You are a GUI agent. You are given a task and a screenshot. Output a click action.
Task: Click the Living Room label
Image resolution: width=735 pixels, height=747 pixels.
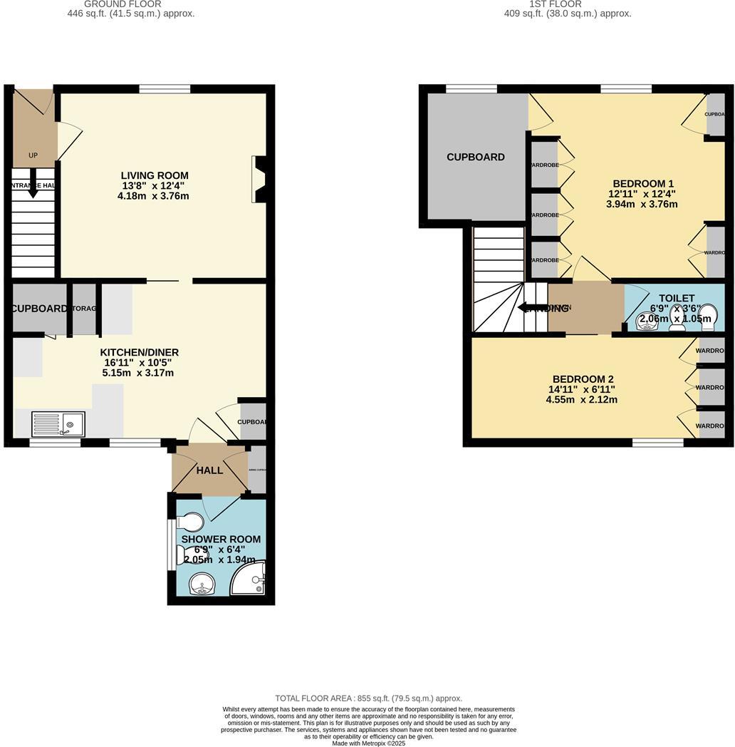tap(155, 175)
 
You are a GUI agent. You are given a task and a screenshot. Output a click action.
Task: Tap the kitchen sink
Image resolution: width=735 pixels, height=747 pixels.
tap(58, 424)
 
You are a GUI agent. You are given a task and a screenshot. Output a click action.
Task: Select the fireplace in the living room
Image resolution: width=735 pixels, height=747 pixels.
tap(259, 179)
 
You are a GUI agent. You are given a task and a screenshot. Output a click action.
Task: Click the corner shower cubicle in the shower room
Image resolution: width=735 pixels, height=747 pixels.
tap(250, 579)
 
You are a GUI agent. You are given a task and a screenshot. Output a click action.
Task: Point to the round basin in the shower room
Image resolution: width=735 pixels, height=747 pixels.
tap(202, 587)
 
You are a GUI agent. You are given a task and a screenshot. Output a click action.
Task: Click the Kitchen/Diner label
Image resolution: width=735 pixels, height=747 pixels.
tap(139, 352)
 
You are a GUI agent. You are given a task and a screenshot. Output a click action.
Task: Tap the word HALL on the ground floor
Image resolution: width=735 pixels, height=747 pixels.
tap(209, 470)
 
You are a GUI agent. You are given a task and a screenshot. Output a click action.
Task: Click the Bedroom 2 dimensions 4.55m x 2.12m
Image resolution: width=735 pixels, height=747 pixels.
tap(582, 400)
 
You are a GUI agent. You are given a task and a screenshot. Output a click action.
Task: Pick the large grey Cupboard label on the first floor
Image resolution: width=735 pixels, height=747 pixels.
tap(476, 157)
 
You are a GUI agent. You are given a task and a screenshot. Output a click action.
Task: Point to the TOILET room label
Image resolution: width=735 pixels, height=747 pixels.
tap(677, 298)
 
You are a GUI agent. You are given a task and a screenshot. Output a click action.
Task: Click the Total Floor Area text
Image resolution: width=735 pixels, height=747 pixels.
tap(369, 699)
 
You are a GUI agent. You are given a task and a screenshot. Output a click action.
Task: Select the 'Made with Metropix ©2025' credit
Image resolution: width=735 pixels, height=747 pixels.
tap(368, 743)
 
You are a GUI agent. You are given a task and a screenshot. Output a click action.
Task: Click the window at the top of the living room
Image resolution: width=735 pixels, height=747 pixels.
tap(165, 89)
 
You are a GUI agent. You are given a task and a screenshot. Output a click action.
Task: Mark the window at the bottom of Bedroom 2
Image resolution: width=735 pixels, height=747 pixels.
tap(658, 443)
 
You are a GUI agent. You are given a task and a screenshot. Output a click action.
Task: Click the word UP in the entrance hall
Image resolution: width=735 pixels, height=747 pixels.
tap(33, 155)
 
